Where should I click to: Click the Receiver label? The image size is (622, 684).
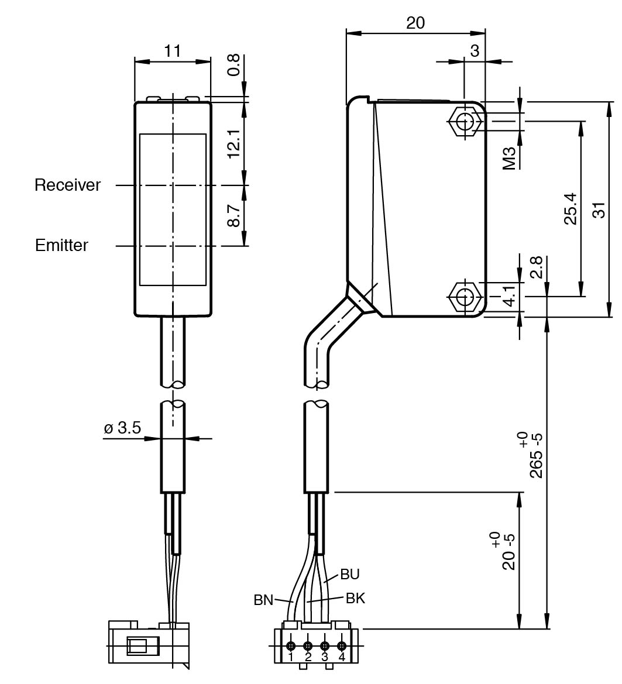pyautogui.click(x=67, y=185)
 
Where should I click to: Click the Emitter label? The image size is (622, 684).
pyautogui.click(x=61, y=245)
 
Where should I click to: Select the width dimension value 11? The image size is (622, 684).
pyautogui.click(x=173, y=51)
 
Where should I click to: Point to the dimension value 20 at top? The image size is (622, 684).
pyautogui.click(x=415, y=23)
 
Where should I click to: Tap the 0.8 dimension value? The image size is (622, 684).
pyautogui.click(x=233, y=65)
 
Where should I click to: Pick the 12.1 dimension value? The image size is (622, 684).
pyautogui.click(x=233, y=144)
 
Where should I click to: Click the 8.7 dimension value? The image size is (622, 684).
pyautogui.click(x=233, y=215)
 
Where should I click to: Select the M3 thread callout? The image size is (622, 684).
pyautogui.click(x=510, y=158)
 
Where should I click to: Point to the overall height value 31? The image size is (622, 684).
pyautogui.click(x=598, y=209)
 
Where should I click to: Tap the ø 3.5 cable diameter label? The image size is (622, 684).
pyautogui.click(x=122, y=428)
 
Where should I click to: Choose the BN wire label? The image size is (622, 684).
pyautogui.click(x=263, y=600)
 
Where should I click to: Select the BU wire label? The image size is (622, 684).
pyautogui.click(x=349, y=574)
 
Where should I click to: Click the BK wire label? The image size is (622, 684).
pyautogui.click(x=355, y=598)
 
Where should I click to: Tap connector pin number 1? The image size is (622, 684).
pyautogui.click(x=291, y=656)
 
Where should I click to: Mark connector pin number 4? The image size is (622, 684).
pyautogui.click(x=342, y=656)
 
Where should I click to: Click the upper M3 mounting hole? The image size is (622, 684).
pyautogui.click(x=465, y=121)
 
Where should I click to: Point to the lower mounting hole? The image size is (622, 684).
pyautogui.click(x=465, y=297)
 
